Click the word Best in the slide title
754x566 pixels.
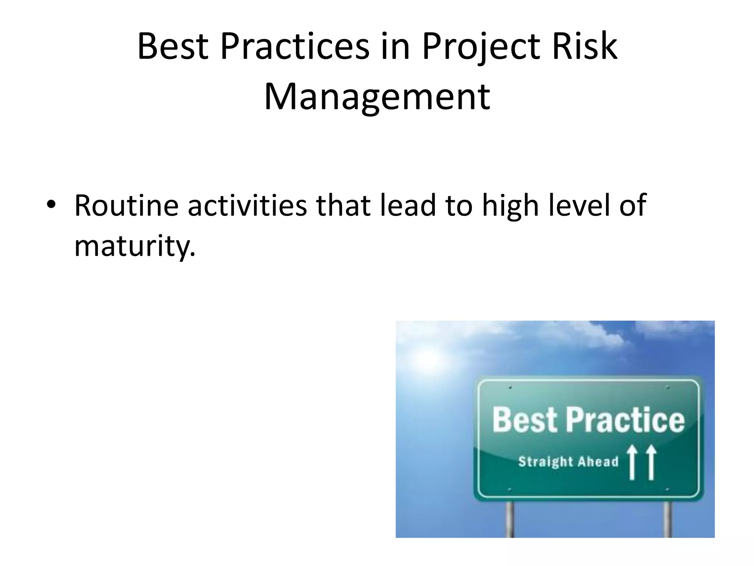point(173,47)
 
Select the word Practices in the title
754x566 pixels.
point(295,47)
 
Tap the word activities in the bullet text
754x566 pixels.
point(247,205)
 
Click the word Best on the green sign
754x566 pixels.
point(525,420)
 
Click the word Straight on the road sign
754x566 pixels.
point(546,462)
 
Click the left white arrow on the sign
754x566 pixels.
point(632,462)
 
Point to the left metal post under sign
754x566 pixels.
point(510,519)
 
